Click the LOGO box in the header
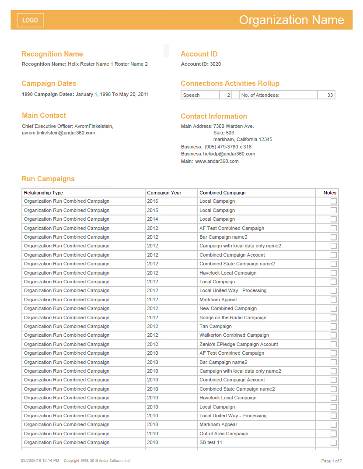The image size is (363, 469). [x=30, y=20]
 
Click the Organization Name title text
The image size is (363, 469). [x=291, y=20]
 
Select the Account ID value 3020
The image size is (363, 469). [x=215, y=64]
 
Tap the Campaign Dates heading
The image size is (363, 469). [x=49, y=83]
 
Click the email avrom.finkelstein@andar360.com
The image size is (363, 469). [x=58, y=133]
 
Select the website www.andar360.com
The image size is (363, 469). [x=216, y=161]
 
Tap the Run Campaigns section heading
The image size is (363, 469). [x=48, y=179]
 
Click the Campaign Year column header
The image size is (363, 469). [x=164, y=193]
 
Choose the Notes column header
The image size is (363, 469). [x=330, y=193]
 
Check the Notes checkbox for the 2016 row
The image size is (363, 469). [x=334, y=201]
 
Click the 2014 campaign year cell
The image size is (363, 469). [x=153, y=219]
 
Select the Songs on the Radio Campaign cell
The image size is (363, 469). [x=233, y=317]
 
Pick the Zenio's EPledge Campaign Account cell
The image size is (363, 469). [x=239, y=344]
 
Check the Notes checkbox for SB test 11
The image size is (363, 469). [x=334, y=442]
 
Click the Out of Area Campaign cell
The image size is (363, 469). [x=223, y=434]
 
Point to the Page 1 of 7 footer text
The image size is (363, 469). [x=332, y=461]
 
